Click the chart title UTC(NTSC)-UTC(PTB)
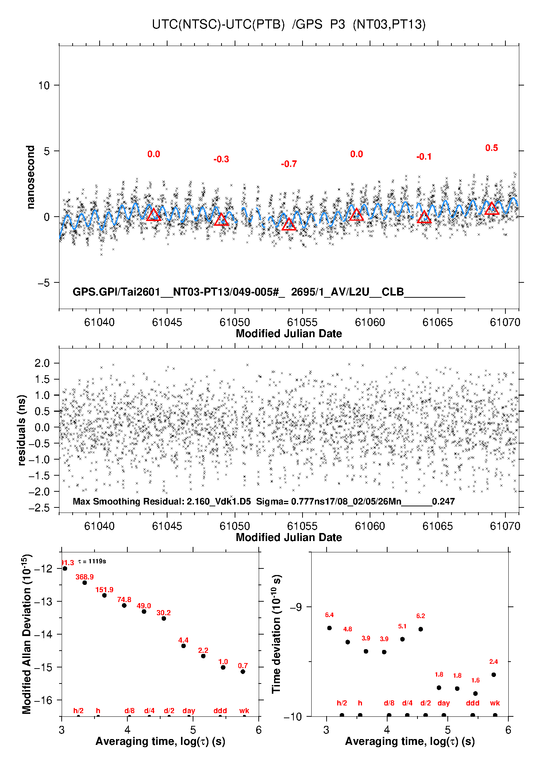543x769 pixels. [x=218, y=24]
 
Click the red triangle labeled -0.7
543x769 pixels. [x=289, y=224]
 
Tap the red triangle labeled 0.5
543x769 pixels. [x=492, y=209]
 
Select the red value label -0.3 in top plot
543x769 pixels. [x=221, y=159]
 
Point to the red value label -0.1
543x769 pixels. [x=424, y=157]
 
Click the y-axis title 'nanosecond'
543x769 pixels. [x=30, y=177]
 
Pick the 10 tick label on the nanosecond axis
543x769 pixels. [x=44, y=85]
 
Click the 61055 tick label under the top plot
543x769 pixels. [x=302, y=322]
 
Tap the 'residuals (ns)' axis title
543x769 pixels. [x=22, y=430]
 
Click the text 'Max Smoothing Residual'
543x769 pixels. [x=127, y=501]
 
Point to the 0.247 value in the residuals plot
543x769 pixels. [x=443, y=501]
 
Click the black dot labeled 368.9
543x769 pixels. [x=85, y=583]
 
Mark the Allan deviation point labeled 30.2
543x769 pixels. [x=164, y=618]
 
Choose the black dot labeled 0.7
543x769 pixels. [x=243, y=671]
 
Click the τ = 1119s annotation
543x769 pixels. [x=92, y=561]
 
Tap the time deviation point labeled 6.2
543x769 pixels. [x=421, y=629]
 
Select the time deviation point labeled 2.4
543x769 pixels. [x=494, y=675]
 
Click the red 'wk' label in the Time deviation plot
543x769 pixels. [x=495, y=703]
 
